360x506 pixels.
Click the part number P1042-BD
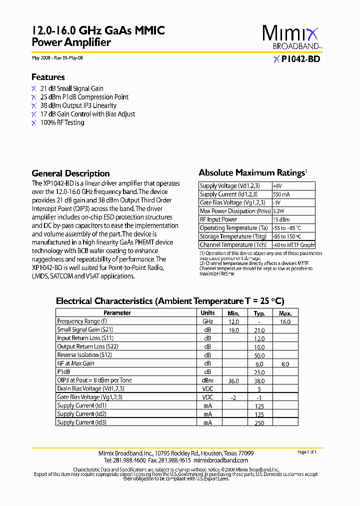(x=300, y=59)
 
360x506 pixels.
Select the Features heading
(x=48, y=77)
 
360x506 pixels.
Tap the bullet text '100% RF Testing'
(x=62, y=122)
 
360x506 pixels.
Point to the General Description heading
(x=70, y=173)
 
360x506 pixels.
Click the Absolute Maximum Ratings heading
(x=251, y=172)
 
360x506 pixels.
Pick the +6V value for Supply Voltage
(x=277, y=186)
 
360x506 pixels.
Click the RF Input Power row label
(x=218, y=219)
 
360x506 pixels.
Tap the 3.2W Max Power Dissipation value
(x=279, y=211)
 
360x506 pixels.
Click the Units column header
(x=207, y=313)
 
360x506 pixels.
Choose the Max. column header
(x=285, y=313)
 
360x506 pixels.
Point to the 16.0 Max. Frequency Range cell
(x=285, y=322)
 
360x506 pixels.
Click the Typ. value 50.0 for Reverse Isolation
(x=259, y=355)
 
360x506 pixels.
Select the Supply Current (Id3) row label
(x=81, y=422)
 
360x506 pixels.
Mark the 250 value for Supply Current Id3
(x=259, y=423)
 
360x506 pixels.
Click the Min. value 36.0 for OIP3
(x=233, y=380)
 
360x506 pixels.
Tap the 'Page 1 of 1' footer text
(x=307, y=452)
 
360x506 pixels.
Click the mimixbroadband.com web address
(x=220, y=460)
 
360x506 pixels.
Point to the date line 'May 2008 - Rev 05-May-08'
(x=57, y=58)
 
